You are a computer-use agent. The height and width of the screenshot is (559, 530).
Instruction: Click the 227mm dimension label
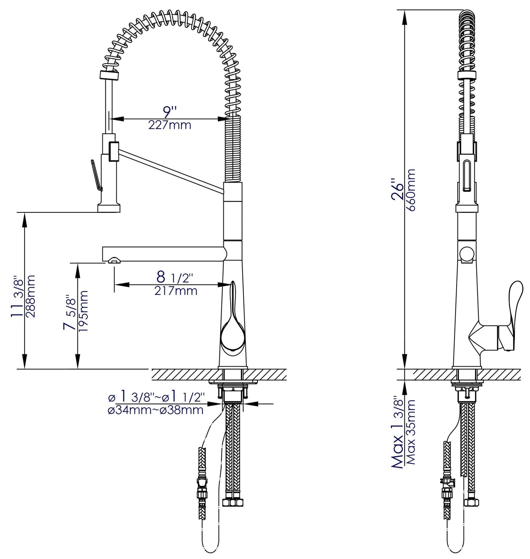click(169, 125)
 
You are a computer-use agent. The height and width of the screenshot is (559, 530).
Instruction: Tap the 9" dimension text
click(169, 111)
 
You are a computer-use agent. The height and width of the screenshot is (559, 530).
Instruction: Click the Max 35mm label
click(411, 432)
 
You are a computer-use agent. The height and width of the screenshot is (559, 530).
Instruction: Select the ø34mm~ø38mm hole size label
click(156, 410)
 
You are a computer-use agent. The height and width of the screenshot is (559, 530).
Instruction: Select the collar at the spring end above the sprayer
click(109, 75)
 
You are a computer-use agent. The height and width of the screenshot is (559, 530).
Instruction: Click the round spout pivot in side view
click(467, 253)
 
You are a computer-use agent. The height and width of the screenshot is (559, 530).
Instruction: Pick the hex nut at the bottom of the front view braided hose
click(233, 502)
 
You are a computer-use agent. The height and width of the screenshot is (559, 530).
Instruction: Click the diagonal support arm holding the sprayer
click(169, 169)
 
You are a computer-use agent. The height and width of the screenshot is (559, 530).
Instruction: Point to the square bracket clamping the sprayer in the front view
click(113, 151)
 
